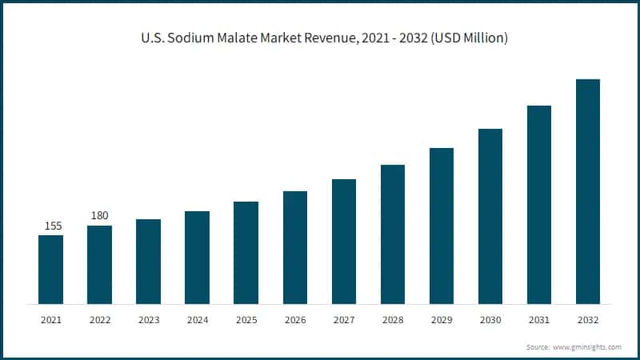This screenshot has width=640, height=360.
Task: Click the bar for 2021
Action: coord(50,270)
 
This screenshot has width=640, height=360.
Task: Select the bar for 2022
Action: coord(99,265)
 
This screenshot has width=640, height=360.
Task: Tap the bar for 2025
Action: coord(246,253)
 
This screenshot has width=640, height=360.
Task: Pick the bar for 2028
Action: coord(392,234)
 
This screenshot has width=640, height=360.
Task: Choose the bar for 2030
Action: coord(490,216)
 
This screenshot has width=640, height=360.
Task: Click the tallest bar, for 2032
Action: coord(588,191)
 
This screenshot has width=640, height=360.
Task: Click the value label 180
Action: coord(99,216)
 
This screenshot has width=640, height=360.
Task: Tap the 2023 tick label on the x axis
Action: coord(148,320)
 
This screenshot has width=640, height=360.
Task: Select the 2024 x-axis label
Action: coord(197,320)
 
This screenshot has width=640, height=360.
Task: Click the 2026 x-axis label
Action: coord(295,320)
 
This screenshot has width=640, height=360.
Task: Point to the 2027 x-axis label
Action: coord(344,320)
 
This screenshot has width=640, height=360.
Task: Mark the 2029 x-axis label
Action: coord(442,320)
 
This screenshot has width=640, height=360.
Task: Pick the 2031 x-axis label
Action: coord(539,320)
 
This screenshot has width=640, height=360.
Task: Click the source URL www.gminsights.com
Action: coord(586,347)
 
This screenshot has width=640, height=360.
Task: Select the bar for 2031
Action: coord(539,205)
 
